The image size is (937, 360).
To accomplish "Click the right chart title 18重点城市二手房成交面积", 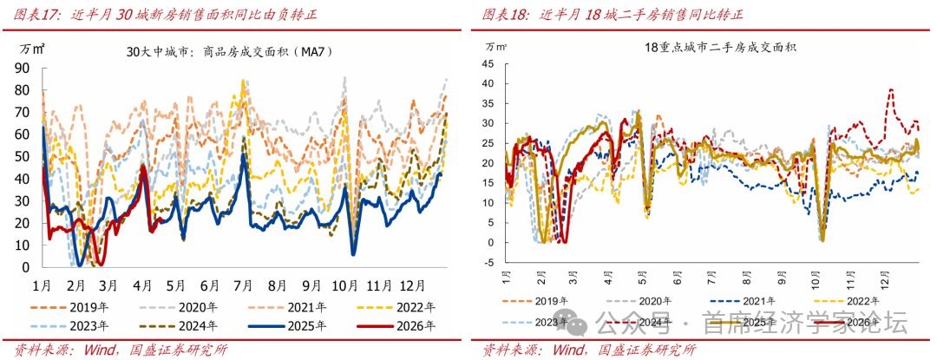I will (x=708, y=48).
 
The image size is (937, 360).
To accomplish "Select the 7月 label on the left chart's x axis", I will (x=241, y=285).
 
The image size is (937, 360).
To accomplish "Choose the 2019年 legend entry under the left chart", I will (x=77, y=307).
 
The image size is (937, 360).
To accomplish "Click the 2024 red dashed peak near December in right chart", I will (x=890, y=89).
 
